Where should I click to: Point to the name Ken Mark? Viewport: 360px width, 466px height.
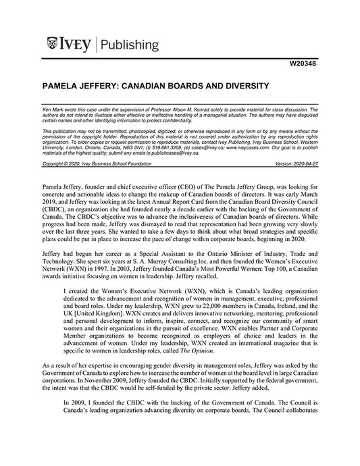point(53,108)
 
